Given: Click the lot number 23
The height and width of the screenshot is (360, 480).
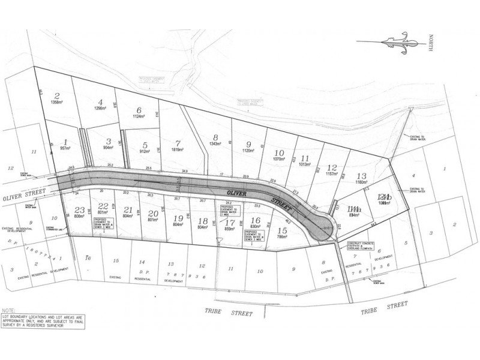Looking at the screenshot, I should point(80,209).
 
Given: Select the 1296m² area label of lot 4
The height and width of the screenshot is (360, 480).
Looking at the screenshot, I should point(100,109).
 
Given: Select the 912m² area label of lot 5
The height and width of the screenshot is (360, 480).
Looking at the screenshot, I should point(145,151).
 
